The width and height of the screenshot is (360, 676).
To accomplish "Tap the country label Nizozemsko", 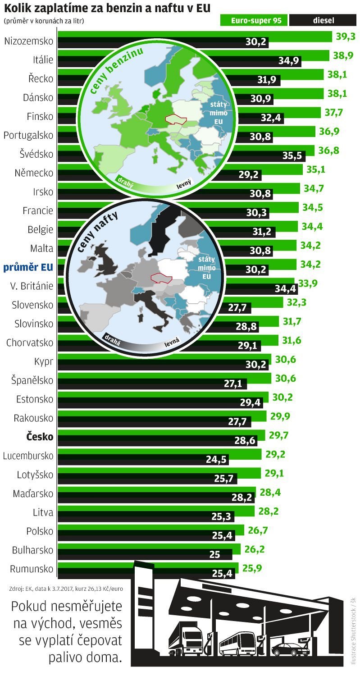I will click(28, 41).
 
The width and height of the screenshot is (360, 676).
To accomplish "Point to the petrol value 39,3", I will click(346, 37).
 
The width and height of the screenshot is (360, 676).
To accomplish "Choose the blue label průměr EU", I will click(28, 268).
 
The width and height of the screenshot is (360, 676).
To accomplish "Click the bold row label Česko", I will click(39, 437).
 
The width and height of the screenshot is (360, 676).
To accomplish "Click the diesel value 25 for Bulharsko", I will click(214, 554).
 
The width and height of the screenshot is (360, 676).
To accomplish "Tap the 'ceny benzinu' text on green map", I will click(116, 71).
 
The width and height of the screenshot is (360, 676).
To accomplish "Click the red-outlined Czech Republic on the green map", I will click(176, 119).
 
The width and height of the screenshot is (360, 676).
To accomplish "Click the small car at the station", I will click(290, 649).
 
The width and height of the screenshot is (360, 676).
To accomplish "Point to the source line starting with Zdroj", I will click(66, 589).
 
